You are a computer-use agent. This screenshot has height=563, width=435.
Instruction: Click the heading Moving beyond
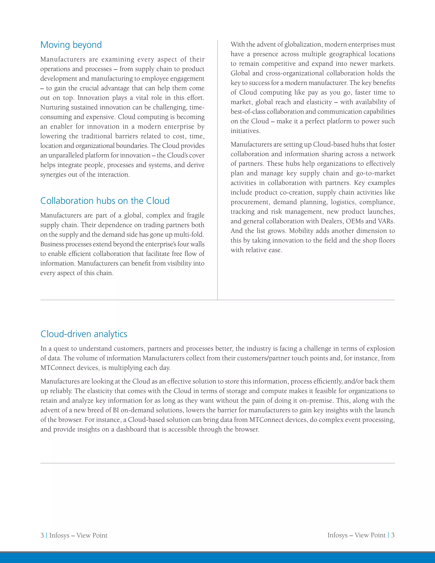(x=71, y=45)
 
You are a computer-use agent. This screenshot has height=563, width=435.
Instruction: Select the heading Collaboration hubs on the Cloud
(x=105, y=201)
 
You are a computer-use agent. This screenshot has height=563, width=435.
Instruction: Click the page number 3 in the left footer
(x=42, y=535)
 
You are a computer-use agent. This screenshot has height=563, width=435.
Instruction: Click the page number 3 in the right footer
(x=393, y=535)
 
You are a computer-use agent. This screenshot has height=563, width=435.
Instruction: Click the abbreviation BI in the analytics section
(x=116, y=410)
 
